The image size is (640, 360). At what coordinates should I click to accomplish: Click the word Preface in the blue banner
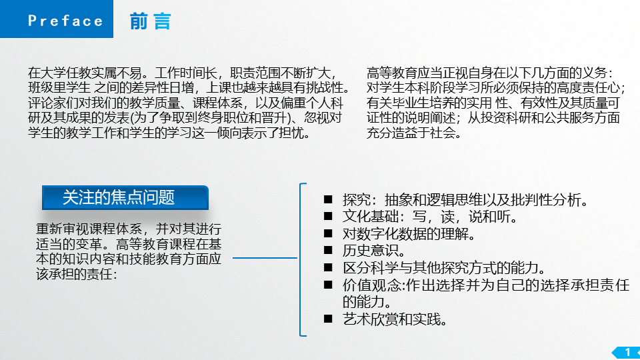pyautogui.click(x=65, y=21)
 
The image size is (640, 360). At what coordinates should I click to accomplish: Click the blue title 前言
pyautogui.click(x=150, y=21)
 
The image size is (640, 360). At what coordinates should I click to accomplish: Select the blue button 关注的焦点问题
pyautogui.click(x=125, y=197)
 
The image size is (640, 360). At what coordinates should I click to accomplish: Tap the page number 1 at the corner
pyautogui.click(x=628, y=352)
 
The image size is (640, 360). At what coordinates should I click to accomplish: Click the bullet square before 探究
pyautogui.click(x=328, y=199)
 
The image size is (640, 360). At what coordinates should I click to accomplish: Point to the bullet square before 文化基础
pyautogui.click(x=328, y=216)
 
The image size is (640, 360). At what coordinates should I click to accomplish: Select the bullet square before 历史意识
pyautogui.click(x=328, y=250)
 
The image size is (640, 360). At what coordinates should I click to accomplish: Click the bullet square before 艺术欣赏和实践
pyautogui.click(x=328, y=319)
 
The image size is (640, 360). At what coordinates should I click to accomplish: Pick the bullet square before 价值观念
pyautogui.click(x=328, y=285)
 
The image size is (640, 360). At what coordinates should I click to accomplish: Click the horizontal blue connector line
pyautogui.click(x=265, y=258)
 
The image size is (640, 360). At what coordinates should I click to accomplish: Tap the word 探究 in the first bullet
pyautogui.click(x=356, y=199)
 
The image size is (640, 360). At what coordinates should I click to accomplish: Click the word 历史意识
pyautogui.click(x=369, y=251)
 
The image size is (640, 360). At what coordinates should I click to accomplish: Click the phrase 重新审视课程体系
pyautogui.click(x=89, y=229)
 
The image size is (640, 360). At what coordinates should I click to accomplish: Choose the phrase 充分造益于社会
pyautogui.click(x=410, y=133)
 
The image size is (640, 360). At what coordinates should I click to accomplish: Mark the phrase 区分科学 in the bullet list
pyautogui.click(x=370, y=268)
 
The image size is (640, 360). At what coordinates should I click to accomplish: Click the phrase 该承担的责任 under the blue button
pyautogui.click(x=74, y=274)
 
